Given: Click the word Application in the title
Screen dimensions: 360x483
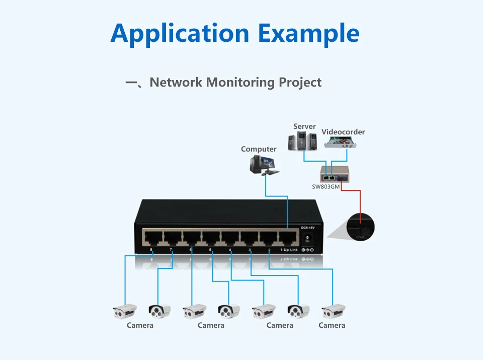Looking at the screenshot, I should [180, 33].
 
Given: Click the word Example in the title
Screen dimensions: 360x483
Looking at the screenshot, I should [308, 33].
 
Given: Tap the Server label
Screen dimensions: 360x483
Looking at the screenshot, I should [304, 126].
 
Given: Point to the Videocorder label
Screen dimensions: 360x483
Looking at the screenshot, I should [343, 132].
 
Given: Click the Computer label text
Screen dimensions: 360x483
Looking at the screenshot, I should [259, 149].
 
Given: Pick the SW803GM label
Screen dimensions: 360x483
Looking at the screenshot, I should [326, 187].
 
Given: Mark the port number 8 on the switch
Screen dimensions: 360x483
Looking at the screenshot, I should [151, 250].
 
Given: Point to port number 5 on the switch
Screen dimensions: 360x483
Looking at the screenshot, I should [210, 250].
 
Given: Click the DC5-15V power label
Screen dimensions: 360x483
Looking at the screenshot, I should [307, 228].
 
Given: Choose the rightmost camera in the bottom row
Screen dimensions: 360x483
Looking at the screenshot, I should [334, 311].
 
